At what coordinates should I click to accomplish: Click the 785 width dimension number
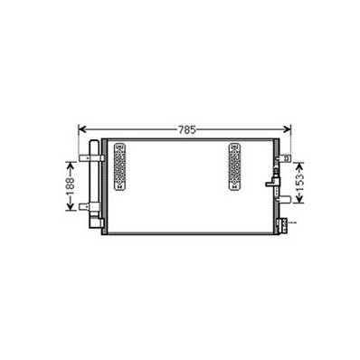(186, 129)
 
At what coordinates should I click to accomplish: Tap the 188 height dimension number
(70, 186)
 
